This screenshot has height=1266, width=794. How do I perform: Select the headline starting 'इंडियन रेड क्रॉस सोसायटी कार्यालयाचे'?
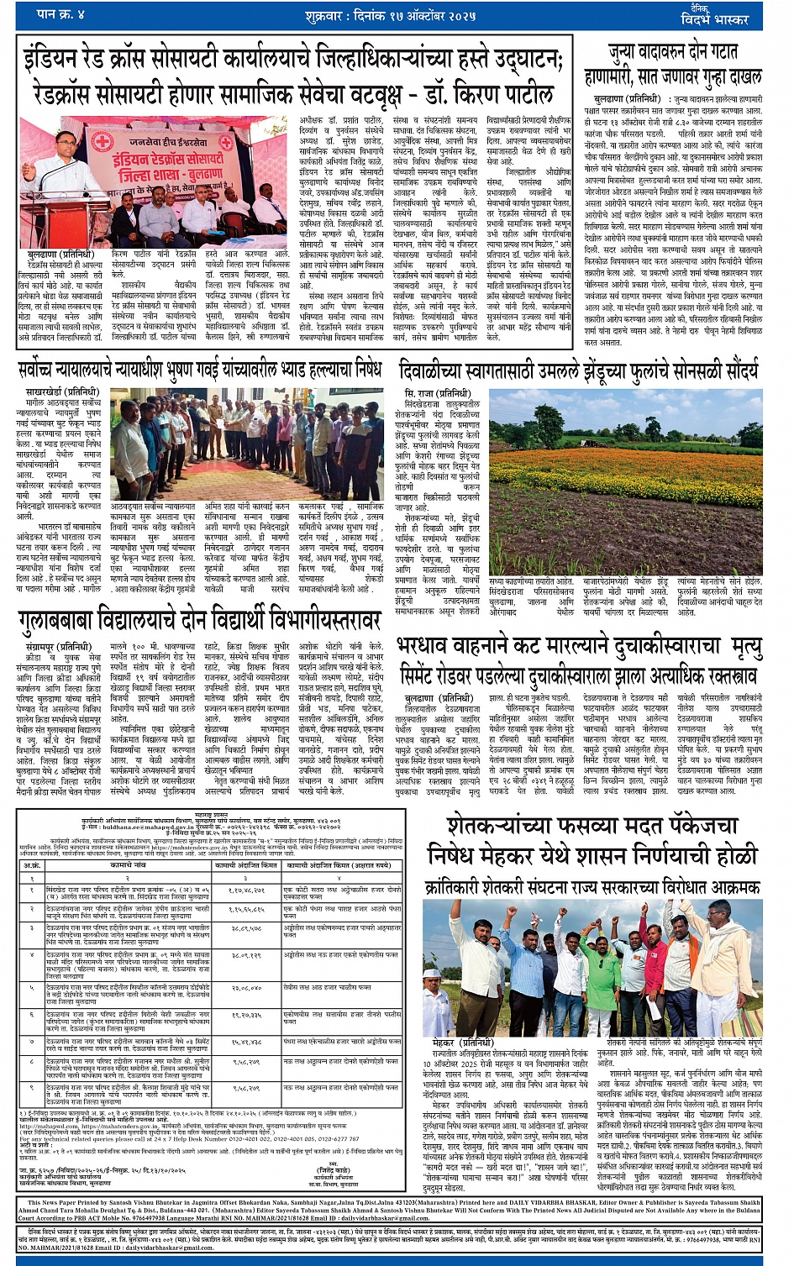[292, 60]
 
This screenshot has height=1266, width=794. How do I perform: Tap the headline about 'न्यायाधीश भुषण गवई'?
[199, 370]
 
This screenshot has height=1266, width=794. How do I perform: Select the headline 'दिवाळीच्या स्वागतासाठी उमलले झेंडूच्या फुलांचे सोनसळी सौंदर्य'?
[579, 370]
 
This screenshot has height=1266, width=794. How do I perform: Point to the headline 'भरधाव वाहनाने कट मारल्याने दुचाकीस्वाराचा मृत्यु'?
[579, 649]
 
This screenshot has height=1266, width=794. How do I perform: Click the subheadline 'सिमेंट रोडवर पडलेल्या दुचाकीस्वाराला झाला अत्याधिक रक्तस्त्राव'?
[579, 676]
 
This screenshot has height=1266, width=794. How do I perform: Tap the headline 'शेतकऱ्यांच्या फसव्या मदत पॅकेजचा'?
[593, 827]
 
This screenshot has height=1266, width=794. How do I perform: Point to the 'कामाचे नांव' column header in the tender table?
[128, 864]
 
